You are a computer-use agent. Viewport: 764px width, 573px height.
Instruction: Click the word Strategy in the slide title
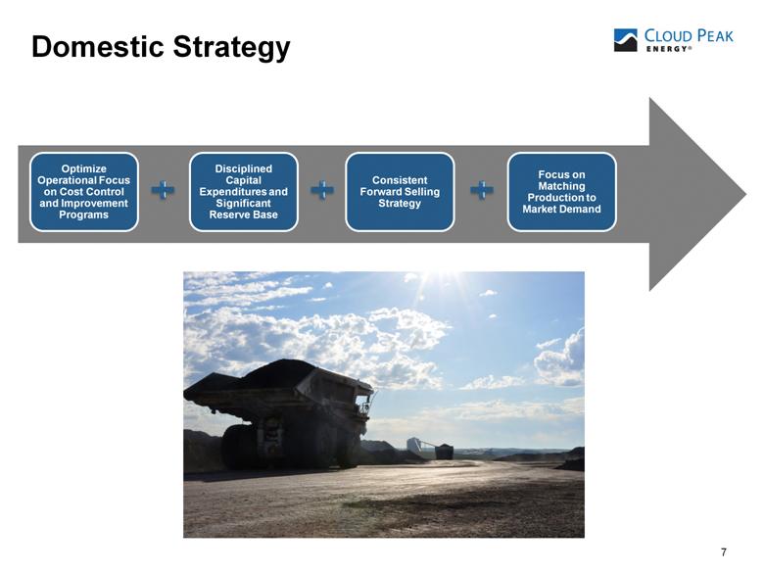(232, 48)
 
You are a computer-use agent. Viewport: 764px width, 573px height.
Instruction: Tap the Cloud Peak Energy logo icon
(626, 40)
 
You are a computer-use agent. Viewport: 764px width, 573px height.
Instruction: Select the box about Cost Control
(84, 191)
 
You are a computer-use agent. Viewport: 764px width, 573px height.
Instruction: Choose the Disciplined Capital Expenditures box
(244, 191)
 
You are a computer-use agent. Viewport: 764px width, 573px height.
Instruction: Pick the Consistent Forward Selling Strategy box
(400, 191)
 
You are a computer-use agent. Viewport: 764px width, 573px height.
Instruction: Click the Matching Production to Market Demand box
(562, 191)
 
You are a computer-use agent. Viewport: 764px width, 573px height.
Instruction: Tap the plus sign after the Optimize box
(164, 190)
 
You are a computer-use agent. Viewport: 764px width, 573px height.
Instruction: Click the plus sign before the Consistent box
(322, 190)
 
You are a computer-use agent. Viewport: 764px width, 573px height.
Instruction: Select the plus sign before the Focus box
(482, 190)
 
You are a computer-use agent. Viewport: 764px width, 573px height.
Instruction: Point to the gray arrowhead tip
(746, 194)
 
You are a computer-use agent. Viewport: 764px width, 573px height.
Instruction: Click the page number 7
(724, 552)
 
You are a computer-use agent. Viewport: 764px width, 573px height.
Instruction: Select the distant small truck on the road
(444, 452)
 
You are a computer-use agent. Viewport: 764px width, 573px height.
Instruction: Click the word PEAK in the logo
(714, 36)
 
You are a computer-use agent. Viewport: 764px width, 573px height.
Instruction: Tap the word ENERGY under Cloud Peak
(667, 49)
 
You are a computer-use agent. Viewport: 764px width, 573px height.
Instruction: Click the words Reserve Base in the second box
(244, 215)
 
